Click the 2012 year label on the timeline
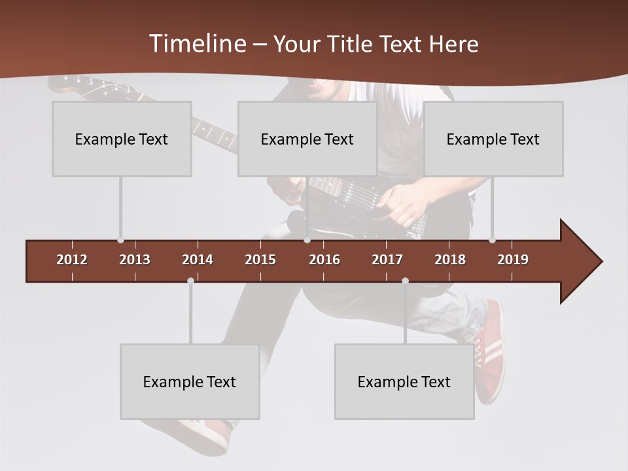click(72, 260)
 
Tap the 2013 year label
click(135, 260)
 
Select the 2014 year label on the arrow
click(198, 260)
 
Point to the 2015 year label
click(260, 260)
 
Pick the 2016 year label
click(324, 260)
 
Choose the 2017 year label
click(387, 260)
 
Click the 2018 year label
click(450, 260)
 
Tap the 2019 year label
click(513, 260)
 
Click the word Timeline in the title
click(197, 44)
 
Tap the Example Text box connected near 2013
click(122, 139)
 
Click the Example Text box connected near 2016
click(307, 139)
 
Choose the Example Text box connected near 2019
click(493, 139)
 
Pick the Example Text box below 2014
click(190, 382)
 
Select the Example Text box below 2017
click(404, 382)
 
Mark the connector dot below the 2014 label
click(190, 281)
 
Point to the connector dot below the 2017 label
click(405, 281)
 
